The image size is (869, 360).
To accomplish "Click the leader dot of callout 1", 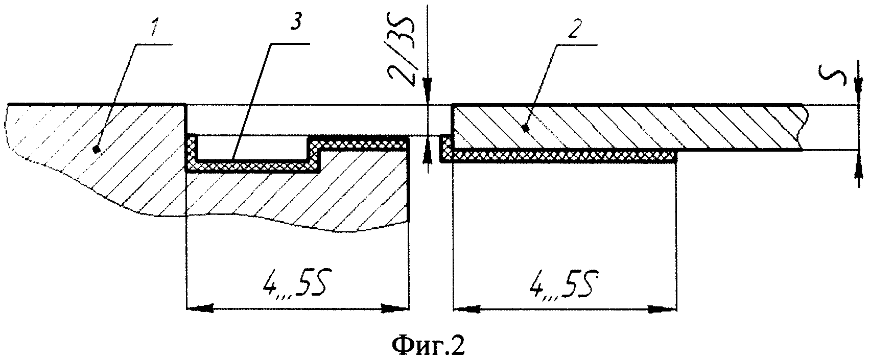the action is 96,148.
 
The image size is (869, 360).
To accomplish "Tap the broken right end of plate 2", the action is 804,128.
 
